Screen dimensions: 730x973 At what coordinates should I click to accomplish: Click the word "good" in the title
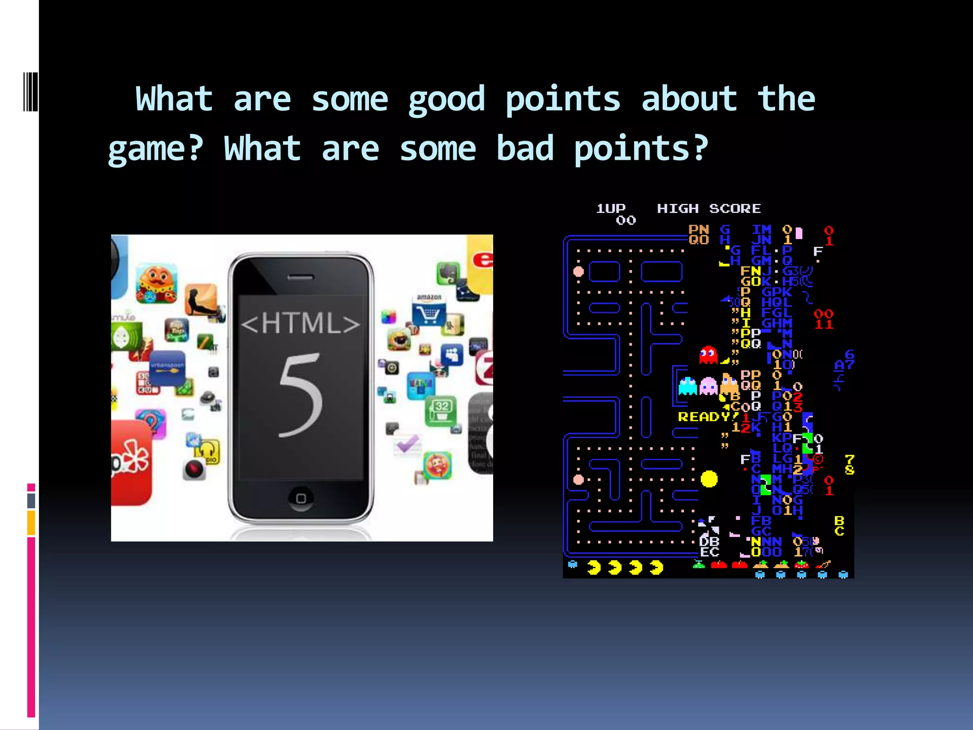447,100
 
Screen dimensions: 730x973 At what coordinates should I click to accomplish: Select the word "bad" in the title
525,148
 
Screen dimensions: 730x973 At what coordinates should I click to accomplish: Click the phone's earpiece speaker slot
301,278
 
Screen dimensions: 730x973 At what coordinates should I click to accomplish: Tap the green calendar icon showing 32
441,410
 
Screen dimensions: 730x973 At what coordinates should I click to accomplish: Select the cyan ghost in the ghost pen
687,386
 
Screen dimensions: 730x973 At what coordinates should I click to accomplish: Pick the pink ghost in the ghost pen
708,386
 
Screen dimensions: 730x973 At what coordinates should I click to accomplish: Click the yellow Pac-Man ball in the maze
709,479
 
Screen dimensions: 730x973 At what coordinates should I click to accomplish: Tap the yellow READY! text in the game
704,417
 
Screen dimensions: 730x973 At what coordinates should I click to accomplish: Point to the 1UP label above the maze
611,209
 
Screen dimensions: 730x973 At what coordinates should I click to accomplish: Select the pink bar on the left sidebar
31,627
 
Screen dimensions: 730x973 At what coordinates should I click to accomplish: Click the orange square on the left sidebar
31,523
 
